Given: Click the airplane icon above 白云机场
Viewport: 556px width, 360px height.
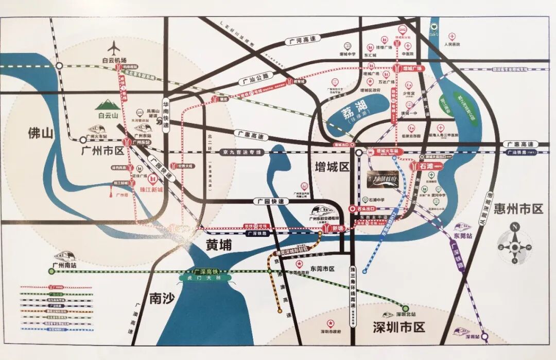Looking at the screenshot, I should click(114, 48).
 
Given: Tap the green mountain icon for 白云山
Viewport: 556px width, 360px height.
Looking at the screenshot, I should click(108, 105).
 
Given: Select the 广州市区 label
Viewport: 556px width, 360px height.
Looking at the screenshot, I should click(102, 151).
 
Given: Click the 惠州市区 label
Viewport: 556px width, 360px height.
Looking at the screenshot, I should click(518, 209).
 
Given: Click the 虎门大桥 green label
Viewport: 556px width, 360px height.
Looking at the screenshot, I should click(203, 278).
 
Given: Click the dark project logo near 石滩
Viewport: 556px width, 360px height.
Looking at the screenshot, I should click(382, 179).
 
